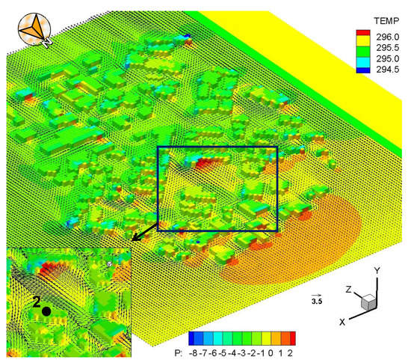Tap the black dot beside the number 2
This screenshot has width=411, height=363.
click(x=46, y=310)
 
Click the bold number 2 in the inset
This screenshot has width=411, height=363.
click(x=35, y=302)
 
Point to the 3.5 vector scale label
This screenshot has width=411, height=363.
click(x=317, y=302)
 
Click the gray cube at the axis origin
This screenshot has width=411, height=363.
click(x=367, y=302)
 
